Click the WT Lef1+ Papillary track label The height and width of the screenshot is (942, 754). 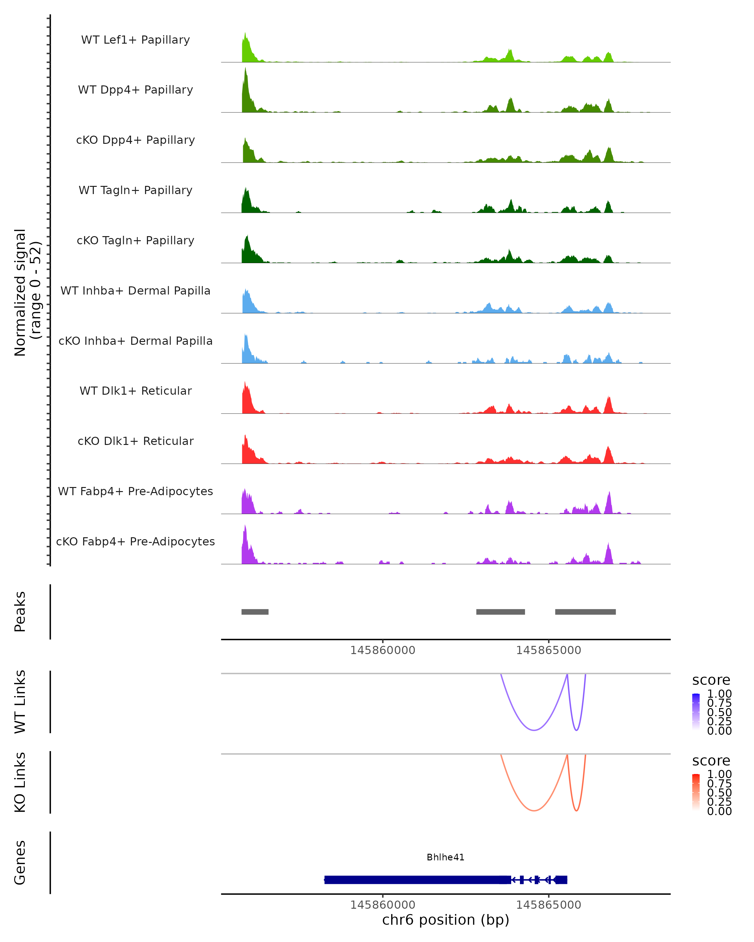coord(135,40)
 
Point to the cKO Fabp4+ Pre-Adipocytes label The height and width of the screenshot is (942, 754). coord(135,541)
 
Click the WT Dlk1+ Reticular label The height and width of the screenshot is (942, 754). coord(135,391)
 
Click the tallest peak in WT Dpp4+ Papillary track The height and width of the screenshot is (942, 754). coord(245,70)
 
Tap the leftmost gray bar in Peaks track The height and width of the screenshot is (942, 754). coord(255,612)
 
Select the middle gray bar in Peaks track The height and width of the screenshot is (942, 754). coord(500,612)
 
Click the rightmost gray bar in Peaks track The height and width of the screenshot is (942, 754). coord(585,612)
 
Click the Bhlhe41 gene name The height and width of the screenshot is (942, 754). coord(445,857)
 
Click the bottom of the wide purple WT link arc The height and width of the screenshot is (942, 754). coord(534,730)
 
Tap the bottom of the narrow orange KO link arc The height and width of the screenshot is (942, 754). coord(576,810)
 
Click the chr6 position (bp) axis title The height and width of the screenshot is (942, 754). coord(445,920)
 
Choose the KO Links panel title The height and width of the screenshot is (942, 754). coord(20,782)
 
